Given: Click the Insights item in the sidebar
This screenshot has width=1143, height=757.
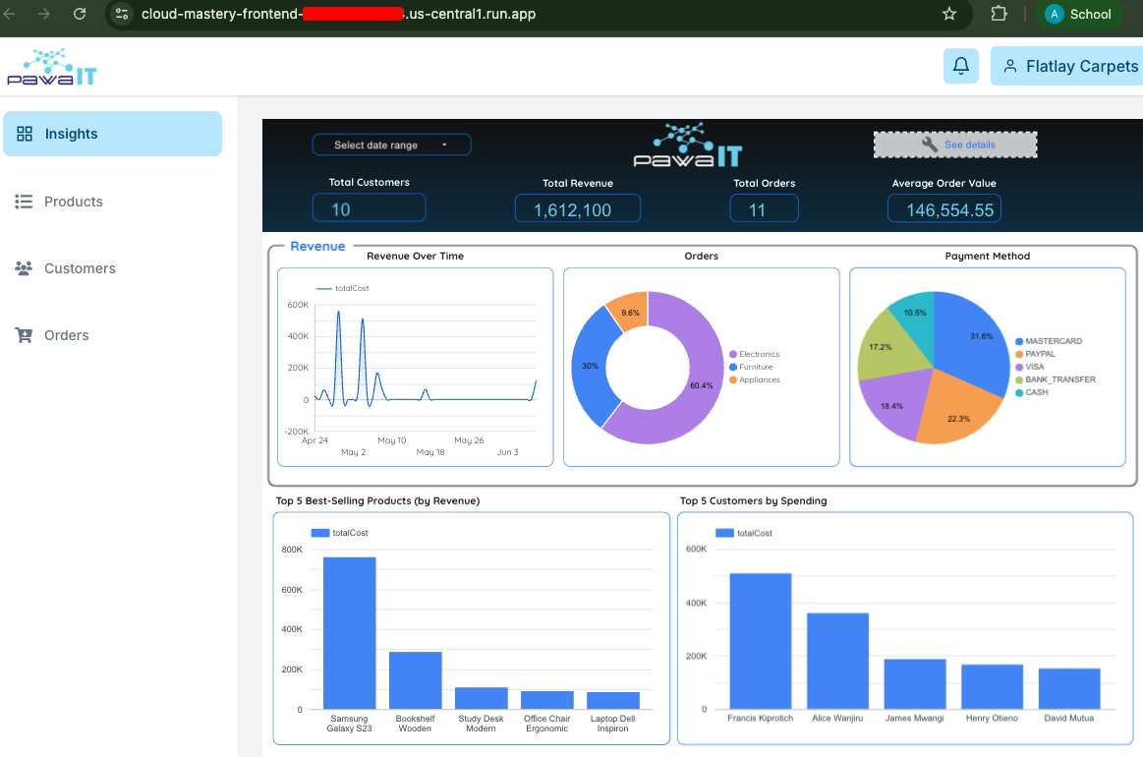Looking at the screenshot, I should click(112, 134).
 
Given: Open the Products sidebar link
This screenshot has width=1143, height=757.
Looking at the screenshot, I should click(73, 202).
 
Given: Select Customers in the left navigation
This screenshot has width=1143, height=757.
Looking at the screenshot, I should click(79, 268).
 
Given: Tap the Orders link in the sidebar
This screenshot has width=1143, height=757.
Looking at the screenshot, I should click(66, 335).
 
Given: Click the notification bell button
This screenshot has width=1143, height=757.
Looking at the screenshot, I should click(961, 66).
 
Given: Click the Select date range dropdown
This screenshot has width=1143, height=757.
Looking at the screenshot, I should click(391, 145).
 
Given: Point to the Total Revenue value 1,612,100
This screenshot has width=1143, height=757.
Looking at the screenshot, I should click(577, 209).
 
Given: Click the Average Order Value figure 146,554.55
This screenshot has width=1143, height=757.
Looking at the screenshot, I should click(943, 209).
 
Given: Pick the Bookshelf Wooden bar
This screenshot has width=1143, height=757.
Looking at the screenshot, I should click(415, 679).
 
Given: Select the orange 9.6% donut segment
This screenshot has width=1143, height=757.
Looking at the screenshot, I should click(628, 310).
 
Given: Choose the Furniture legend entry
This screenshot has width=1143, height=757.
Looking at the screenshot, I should click(755, 367).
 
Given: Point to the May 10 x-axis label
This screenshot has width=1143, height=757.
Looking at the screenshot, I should click(391, 440).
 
